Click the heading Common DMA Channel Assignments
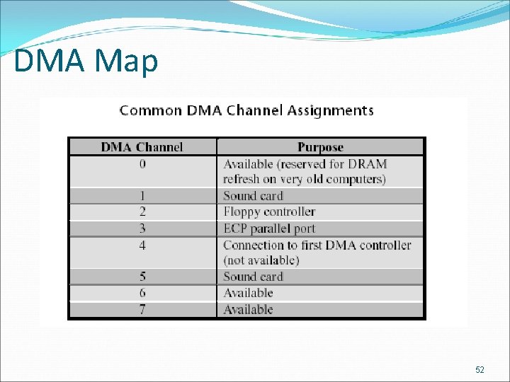point(246,110)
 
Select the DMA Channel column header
point(142,147)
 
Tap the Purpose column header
point(320,147)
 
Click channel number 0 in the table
point(142,164)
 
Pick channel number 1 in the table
point(142,196)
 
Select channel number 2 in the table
point(142,212)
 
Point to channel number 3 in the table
point(142,228)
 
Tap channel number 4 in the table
point(142,245)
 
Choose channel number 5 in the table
point(142,277)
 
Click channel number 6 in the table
point(142,293)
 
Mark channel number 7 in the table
point(142,309)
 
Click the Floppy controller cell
point(269,212)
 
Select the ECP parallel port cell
point(269,228)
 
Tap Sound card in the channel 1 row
point(253,196)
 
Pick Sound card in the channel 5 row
point(253,277)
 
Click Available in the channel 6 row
point(248,293)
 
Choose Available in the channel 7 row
point(248,309)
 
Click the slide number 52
point(480,370)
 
